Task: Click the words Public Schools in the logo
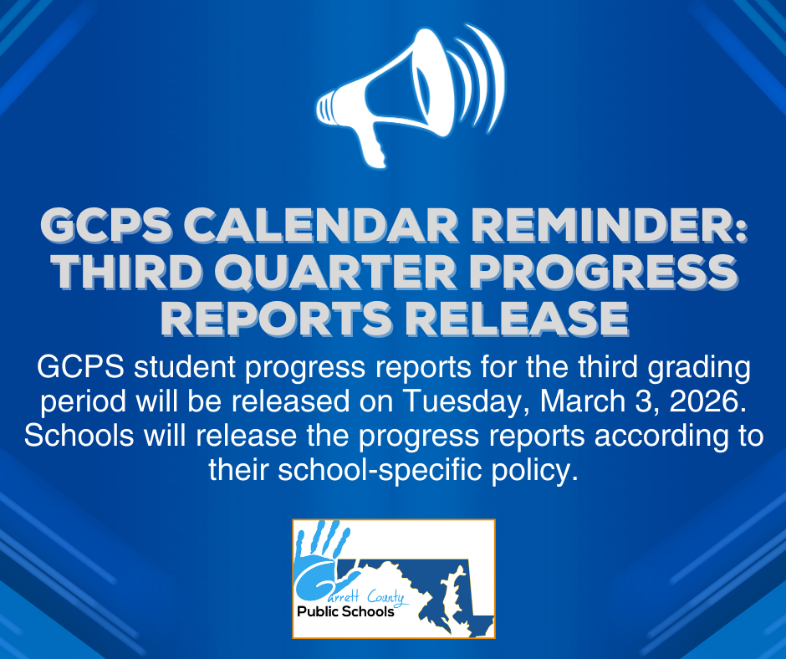345,612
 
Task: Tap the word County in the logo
381,597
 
